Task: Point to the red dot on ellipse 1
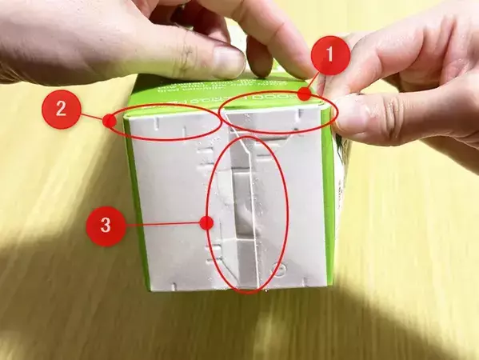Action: (x=305, y=94)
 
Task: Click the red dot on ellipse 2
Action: (x=108, y=121)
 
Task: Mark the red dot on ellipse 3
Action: (x=206, y=225)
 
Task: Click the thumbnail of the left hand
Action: (x=229, y=61)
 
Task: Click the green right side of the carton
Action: (x=328, y=200)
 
